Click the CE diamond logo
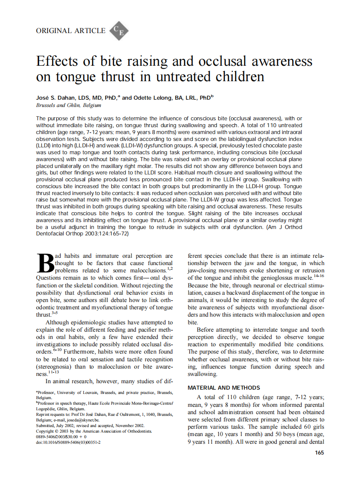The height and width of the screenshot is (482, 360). (x=119, y=31)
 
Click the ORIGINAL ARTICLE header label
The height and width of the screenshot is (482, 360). (x=70, y=31)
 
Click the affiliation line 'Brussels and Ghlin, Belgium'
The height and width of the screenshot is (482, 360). (x=68, y=105)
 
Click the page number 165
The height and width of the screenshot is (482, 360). (x=319, y=452)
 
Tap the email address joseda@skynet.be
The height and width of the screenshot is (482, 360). (x=84, y=420)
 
